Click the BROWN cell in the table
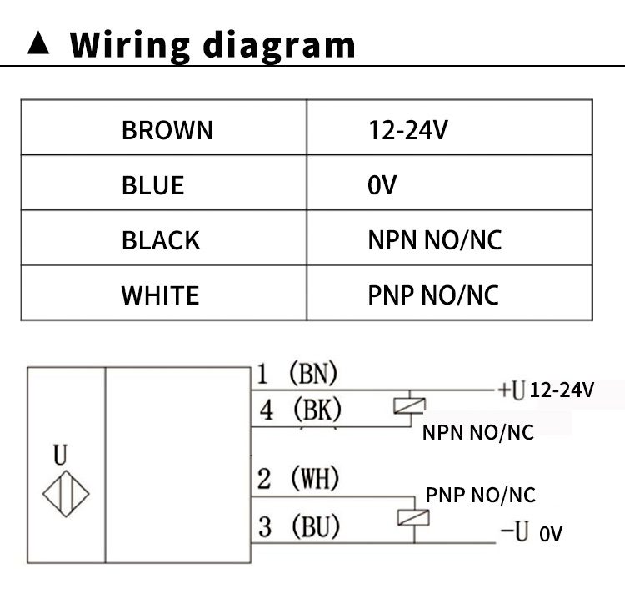[x=167, y=130]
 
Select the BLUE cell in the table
[x=152, y=185]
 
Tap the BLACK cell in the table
[x=161, y=240]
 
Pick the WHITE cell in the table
[x=160, y=295]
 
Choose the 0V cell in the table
[x=382, y=185]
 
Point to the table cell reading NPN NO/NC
[x=435, y=240]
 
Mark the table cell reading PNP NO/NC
[x=433, y=295]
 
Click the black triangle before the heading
[x=39, y=43]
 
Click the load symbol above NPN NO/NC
[x=409, y=406]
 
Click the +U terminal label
[x=510, y=390]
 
